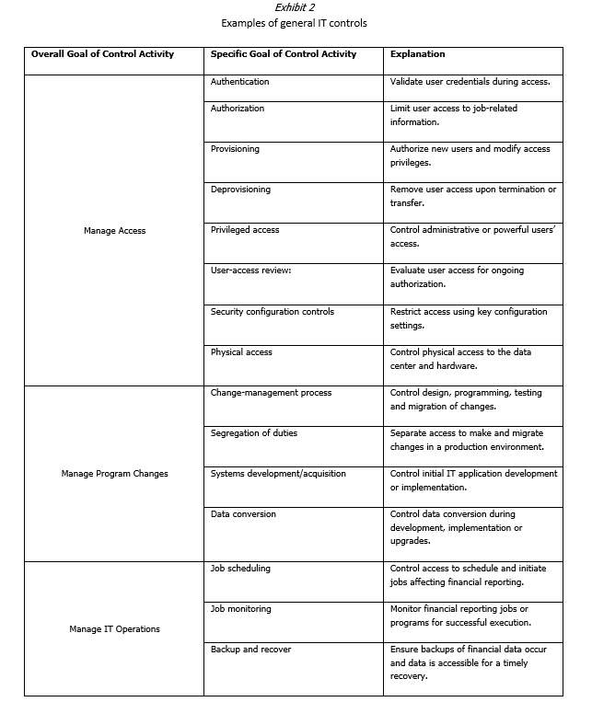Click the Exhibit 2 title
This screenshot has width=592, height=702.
295,7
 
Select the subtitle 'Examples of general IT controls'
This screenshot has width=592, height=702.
295,23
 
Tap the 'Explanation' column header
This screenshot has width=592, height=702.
418,54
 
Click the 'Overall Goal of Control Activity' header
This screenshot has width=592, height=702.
102,54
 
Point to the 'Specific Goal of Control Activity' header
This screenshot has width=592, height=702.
284,54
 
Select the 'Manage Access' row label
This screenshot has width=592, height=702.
113,231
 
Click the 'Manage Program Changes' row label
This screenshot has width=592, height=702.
114,474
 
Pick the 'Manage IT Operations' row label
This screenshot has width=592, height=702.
114,629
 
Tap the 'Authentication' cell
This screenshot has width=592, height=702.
240,82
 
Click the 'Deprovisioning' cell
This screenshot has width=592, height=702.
241,190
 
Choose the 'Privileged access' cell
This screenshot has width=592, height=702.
245,230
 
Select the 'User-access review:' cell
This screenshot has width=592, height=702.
250,270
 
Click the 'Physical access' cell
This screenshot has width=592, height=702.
241,352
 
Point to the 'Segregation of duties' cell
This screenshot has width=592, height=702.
254,433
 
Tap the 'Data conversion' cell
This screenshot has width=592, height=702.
243,514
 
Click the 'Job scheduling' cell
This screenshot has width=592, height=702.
241,569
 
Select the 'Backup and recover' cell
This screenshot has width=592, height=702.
250,650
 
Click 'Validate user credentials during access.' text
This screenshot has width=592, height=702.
470,82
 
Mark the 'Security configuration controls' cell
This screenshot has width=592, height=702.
273,312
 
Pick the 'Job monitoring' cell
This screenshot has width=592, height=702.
241,609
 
